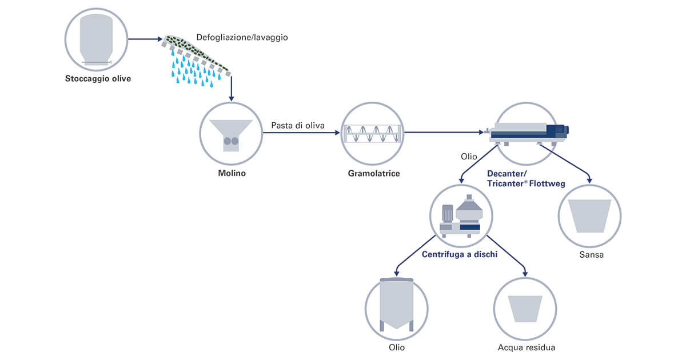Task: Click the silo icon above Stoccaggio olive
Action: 96,39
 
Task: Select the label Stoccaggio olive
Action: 97,79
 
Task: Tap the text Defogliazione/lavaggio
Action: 242,38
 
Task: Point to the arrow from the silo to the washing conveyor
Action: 145,39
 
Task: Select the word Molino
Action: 232,173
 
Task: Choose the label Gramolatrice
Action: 373,173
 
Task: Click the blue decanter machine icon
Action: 526,131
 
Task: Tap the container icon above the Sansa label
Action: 590,215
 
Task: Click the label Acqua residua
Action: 526,347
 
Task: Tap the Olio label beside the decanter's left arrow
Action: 469,156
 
